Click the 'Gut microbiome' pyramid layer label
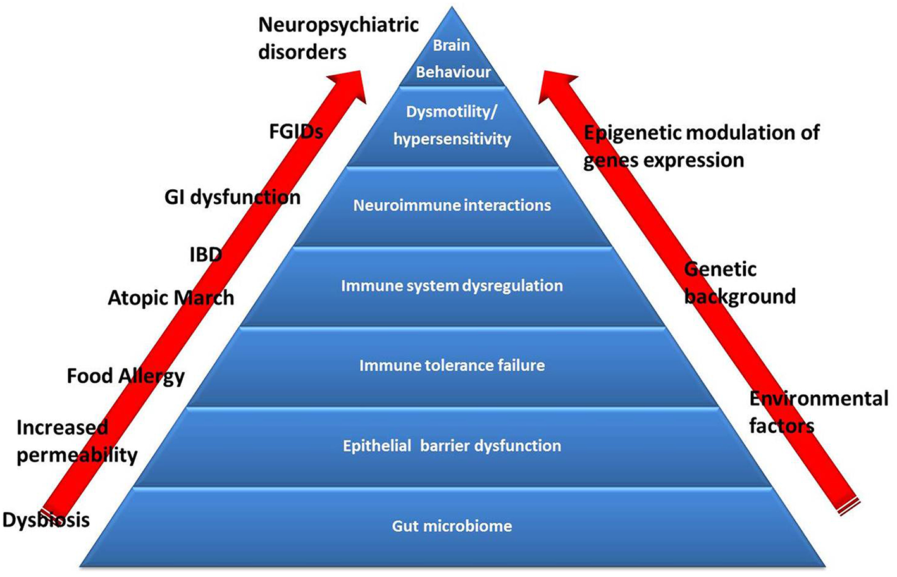(452, 526)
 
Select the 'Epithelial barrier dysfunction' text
(452, 445)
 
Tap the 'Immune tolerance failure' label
(452, 366)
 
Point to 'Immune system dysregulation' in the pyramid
(452, 285)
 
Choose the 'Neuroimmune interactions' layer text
(452, 205)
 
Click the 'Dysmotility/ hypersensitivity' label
(452, 125)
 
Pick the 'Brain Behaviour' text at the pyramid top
(452, 59)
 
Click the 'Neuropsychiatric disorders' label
(338, 38)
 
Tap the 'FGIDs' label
(296, 132)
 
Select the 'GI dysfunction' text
(232, 197)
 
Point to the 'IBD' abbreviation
(206, 255)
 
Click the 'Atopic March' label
(171, 297)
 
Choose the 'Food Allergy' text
(126, 376)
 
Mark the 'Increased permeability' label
(77, 441)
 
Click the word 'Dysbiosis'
(46, 520)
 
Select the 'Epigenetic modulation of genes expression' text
(701, 146)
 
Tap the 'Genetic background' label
(739, 283)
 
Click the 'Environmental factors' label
(819, 412)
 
